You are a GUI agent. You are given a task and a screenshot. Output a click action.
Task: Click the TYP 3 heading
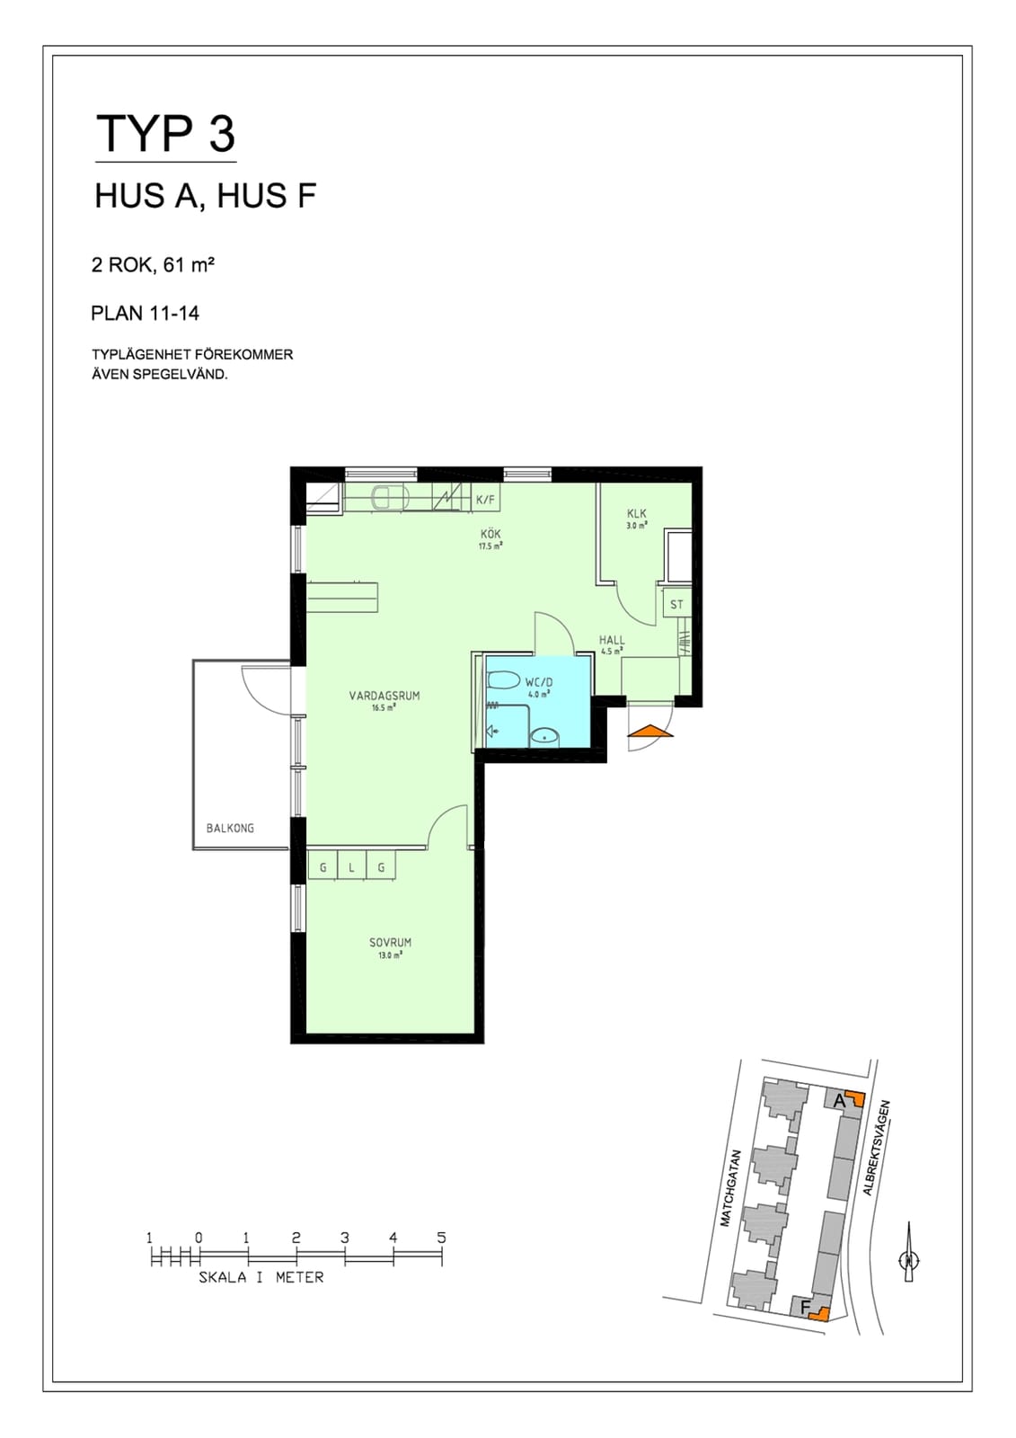(x=165, y=134)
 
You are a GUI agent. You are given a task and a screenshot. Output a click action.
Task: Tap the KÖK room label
(x=490, y=534)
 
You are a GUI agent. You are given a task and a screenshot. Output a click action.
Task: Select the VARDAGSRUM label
(x=384, y=696)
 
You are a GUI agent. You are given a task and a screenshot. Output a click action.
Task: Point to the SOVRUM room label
(x=390, y=943)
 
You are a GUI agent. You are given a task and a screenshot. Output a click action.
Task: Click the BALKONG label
(x=230, y=828)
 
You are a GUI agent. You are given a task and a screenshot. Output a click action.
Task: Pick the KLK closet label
(x=637, y=513)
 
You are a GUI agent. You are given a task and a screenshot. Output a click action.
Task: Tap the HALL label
(x=612, y=640)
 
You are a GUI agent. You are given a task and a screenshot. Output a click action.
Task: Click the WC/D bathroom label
(x=538, y=683)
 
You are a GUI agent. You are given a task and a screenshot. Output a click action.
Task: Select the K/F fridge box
(x=486, y=499)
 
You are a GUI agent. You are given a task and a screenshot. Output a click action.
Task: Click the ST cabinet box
(x=676, y=604)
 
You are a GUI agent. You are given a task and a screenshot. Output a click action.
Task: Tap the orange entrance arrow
(x=650, y=731)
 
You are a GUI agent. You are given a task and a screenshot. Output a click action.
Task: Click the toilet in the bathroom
(x=503, y=679)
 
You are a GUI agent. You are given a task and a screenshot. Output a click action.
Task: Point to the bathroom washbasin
(x=545, y=738)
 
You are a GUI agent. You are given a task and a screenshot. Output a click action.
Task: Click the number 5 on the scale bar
(x=442, y=1237)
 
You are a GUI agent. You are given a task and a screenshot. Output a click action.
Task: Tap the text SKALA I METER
(x=261, y=1277)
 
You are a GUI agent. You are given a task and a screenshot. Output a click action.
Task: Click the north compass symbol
(x=909, y=1259)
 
